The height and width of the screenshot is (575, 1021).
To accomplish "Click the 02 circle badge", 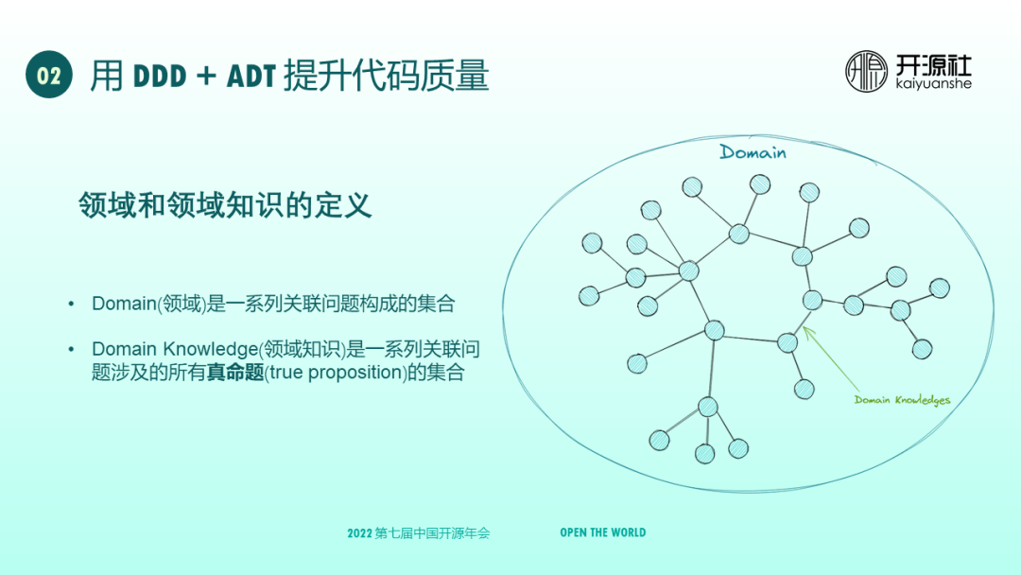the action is (49, 75).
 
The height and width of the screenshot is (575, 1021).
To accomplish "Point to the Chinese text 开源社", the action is (933, 64).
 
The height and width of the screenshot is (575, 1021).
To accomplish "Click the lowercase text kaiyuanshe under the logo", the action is (933, 84).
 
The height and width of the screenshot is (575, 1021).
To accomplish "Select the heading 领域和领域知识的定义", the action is (225, 205).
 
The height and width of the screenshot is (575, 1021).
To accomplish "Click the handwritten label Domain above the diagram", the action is (753, 152).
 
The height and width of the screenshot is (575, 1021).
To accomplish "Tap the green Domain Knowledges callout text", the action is (902, 400).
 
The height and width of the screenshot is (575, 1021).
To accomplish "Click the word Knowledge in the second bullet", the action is (209, 349).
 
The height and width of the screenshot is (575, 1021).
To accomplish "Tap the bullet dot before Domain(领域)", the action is (71, 304).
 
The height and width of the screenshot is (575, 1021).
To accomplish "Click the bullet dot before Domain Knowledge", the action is (71, 349).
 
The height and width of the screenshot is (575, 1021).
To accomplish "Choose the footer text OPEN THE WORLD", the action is (602, 532).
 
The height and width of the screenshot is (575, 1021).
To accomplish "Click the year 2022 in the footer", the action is (359, 533).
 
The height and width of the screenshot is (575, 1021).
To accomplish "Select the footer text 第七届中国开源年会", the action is (433, 533).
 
